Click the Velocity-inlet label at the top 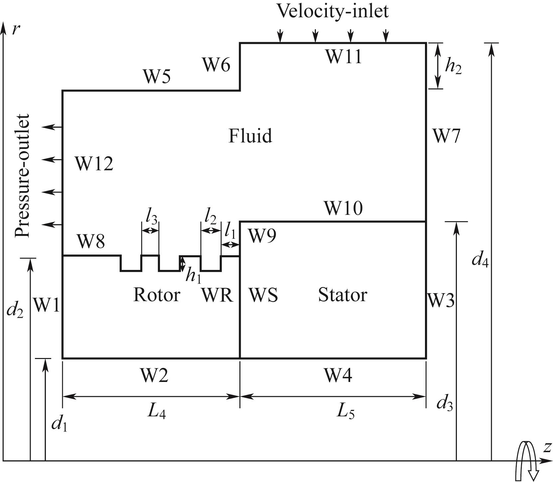[x=333, y=11]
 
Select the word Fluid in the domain [x=250, y=136]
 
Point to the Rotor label [x=156, y=295]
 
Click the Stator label [x=343, y=295]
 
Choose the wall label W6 [x=216, y=65]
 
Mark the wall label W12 [x=94, y=164]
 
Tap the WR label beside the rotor [x=217, y=295]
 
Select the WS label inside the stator [x=263, y=295]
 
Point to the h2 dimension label [x=453, y=67]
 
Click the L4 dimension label [x=157, y=412]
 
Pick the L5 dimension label [x=346, y=412]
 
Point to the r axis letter [x=15, y=30]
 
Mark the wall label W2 [x=154, y=376]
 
